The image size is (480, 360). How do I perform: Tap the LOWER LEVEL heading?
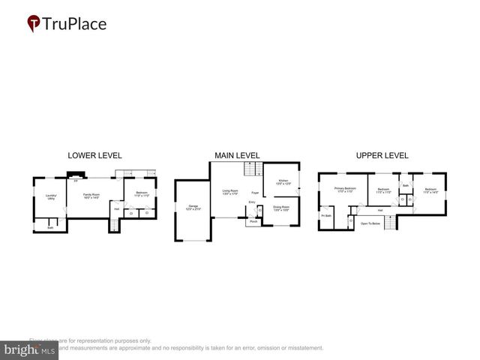pyautogui.click(x=94, y=155)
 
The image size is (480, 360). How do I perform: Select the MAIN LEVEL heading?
pyautogui.click(x=237, y=155)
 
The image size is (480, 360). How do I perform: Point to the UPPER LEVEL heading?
pyautogui.click(x=382, y=155)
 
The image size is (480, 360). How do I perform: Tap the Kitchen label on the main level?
pyautogui.click(x=283, y=182)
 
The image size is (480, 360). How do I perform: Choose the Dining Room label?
pyautogui.click(x=281, y=207)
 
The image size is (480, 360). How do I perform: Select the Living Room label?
pyautogui.click(x=229, y=192)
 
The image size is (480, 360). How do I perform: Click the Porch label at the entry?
pyautogui.click(x=253, y=222)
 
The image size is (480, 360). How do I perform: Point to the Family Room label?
pyautogui.click(x=92, y=196)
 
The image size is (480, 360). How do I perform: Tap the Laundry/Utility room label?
pyautogui.click(x=50, y=197)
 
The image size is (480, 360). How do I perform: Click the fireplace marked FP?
pyautogui.click(x=75, y=181)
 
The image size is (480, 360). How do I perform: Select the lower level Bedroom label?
pyautogui.click(x=140, y=195)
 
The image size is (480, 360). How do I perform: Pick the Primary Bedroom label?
pyautogui.click(x=345, y=190)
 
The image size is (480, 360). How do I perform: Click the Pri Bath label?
pyautogui.click(x=326, y=216)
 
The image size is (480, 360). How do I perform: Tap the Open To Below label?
pyautogui.click(x=370, y=223)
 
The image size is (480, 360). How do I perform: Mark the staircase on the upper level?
pyautogui.click(x=389, y=222)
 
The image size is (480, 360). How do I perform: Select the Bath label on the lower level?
pyautogui.click(x=50, y=227)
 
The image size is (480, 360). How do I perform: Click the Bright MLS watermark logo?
pyautogui.click(x=30, y=349)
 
